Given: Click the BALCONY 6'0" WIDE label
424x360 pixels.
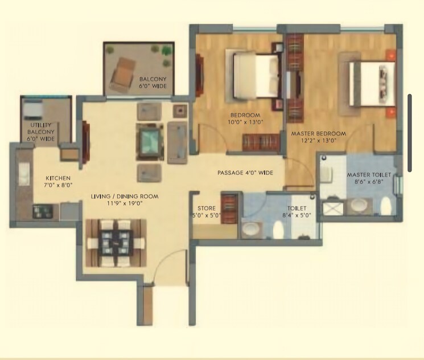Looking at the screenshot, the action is [153, 83].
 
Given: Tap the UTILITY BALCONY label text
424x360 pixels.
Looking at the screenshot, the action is [40, 128].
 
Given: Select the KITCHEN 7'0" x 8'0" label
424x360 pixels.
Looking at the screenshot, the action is [58, 182].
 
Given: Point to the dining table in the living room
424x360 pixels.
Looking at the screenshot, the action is [116, 243].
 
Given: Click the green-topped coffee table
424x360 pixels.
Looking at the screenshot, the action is [150, 142].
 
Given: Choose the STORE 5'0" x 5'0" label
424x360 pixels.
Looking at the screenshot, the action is [207, 212].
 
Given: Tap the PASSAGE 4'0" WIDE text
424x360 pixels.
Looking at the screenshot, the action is [245, 173].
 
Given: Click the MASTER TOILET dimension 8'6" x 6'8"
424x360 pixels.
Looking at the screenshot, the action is [369, 182].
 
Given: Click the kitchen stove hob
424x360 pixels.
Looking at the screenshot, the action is [42, 211].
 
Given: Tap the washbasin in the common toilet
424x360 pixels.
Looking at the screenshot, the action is [251, 230].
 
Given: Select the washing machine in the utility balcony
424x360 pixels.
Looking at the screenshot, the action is [33, 109].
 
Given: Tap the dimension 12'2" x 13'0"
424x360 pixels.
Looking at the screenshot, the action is [319, 141].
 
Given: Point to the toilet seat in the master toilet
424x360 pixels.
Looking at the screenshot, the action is [385, 206].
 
